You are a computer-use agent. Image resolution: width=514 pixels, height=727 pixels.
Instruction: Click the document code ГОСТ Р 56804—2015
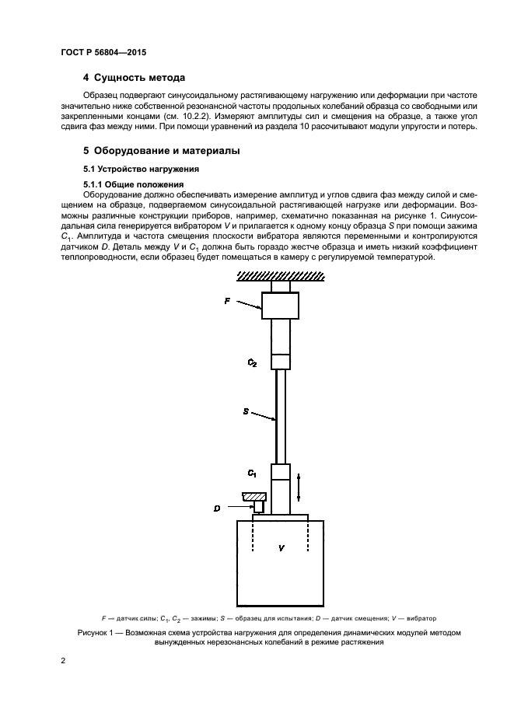click(103, 52)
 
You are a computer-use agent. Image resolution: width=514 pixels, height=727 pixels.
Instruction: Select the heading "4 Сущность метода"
click(134, 79)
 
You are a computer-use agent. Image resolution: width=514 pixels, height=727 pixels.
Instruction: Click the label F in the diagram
click(228, 299)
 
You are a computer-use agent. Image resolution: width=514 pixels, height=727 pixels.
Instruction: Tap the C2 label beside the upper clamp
click(252, 362)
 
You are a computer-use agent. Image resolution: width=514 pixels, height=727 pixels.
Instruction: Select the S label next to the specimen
click(246, 410)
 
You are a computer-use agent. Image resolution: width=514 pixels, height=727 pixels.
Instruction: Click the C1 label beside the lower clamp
click(252, 473)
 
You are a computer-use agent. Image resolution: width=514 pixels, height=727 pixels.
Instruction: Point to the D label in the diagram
click(218, 509)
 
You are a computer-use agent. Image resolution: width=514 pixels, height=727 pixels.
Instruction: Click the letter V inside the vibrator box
click(281, 549)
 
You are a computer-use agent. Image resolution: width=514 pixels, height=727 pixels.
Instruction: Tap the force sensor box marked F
click(280, 306)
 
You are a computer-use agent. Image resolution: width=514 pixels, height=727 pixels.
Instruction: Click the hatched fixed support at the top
click(280, 275)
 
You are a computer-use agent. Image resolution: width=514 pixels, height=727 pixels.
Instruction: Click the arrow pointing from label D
click(241, 509)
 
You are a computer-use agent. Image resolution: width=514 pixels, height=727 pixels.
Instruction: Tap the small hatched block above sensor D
click(254, 496)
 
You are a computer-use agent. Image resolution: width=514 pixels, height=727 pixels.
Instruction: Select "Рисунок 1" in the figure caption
click(98, 632)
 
